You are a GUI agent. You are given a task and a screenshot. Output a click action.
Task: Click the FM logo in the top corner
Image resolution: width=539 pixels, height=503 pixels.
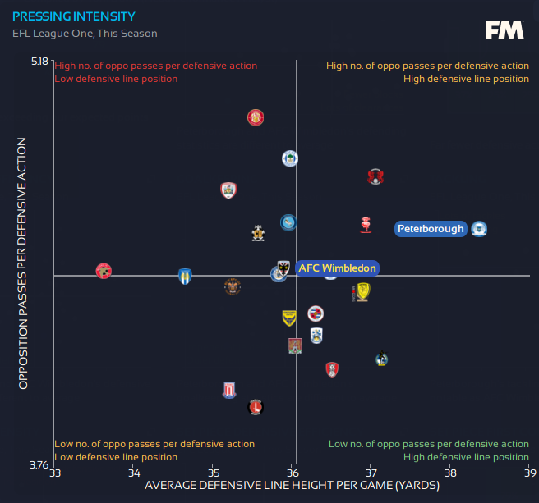tap(504, 30)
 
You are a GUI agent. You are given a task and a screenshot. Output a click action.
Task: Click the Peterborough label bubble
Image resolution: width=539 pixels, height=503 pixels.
tap(431, 229)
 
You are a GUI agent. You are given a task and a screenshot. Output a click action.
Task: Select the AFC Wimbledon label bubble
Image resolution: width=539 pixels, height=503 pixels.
tap(337, 268)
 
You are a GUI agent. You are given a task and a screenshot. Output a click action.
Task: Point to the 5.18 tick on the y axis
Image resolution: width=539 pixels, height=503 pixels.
tap(39, 61)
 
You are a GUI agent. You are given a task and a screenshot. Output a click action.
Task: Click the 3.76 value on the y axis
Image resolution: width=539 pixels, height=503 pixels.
tap(39, 464)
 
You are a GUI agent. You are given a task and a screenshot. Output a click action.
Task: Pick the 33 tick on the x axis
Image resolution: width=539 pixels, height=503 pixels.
tap(54, 473)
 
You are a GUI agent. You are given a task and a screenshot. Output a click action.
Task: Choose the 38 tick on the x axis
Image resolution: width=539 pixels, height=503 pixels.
tap(450, 473)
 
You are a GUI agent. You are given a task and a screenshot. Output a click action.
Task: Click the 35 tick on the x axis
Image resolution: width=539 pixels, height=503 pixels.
tap(213, 473)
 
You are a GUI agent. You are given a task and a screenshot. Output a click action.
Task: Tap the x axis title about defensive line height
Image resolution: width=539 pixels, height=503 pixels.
tap(291, 487)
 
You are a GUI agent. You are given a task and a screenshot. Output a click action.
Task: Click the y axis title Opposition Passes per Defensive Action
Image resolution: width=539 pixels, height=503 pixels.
tap(23, 263)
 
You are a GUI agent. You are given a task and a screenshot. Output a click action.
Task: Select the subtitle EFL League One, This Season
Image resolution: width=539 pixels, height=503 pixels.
tap(85, 34)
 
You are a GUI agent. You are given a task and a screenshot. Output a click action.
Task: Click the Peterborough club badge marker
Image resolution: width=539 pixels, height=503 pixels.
tap(480, 229)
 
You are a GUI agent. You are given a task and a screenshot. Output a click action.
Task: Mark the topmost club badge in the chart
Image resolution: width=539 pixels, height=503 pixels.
tap(256, 117)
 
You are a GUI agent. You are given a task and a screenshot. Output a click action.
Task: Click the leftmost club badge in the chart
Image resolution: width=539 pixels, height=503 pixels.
tap(104, 271)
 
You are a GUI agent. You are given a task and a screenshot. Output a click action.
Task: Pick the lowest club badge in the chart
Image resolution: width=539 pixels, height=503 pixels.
tap(256, 406)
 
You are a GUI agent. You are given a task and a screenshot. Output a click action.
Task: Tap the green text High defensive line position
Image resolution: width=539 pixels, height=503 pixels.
tap(466, 457)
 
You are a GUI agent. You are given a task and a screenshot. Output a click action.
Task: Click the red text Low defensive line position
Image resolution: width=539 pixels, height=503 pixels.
tap(116, 79)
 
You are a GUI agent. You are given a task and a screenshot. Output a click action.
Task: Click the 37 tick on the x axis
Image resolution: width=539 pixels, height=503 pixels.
tap(371, 473)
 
